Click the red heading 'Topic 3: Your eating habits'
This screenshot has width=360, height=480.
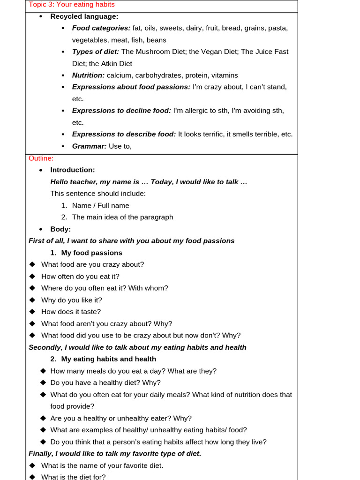72,5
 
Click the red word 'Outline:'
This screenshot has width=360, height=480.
41,158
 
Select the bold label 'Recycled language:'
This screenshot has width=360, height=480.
84,16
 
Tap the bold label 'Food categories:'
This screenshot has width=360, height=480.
101,28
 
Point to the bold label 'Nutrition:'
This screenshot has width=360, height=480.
88,75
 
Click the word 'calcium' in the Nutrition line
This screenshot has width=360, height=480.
120,75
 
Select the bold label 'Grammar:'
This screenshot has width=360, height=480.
89,146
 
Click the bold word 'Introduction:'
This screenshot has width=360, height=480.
73,170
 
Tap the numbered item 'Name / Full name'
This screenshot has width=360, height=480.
100,205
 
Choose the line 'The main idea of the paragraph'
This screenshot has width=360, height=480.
122,217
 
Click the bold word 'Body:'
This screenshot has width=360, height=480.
60,229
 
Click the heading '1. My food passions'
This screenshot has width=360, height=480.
86,253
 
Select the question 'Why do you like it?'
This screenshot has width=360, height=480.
71,300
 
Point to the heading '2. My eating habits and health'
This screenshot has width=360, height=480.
103,359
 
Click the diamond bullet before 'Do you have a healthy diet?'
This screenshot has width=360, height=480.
44,382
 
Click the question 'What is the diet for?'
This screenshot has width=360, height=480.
73,477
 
